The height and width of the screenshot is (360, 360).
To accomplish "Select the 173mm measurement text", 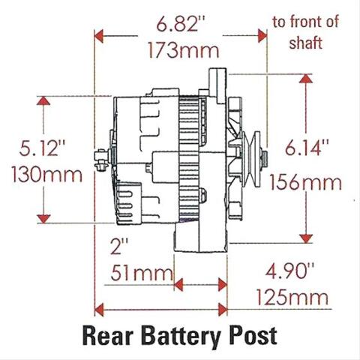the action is click(184, 50).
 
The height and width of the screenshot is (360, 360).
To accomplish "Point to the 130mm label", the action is click(46, 174).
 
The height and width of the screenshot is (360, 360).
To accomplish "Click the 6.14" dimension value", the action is click(307, 147).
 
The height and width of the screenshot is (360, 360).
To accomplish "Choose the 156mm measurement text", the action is click(305, 182).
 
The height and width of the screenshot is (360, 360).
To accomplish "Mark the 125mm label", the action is click(292, 298).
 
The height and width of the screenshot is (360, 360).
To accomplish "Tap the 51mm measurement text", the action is click(142, 273).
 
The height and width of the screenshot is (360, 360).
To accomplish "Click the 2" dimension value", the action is click(119, 246).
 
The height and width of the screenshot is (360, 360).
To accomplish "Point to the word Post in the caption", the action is click(253, 336).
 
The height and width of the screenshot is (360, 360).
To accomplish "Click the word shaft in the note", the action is click(305, 43).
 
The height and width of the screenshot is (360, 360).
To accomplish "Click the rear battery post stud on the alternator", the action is click(102, 160).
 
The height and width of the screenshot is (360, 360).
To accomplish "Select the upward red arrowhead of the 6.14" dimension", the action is click(306, 79).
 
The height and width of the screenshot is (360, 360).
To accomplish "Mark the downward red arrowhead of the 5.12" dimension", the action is click(43, 219).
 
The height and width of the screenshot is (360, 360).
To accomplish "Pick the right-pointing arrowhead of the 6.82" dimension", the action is click(262, 36).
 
